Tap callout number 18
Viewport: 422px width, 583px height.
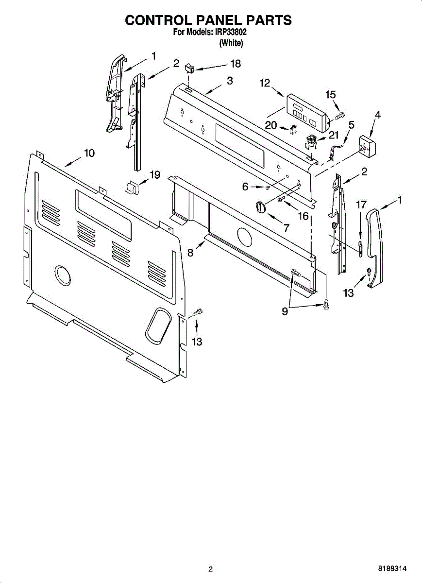235,64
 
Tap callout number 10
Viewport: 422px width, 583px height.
89,153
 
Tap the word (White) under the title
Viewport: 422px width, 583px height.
231,43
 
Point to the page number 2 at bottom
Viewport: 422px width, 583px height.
210,569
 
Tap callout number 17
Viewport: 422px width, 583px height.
361,205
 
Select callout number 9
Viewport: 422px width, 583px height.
285,312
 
